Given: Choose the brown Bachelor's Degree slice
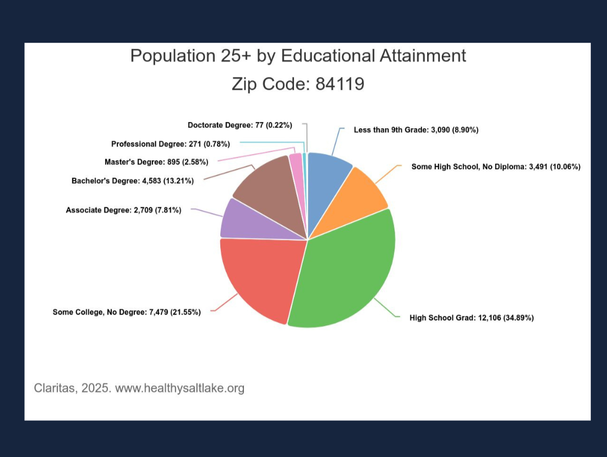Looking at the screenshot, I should pos(267,188).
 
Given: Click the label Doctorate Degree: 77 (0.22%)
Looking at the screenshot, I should pos(239,124).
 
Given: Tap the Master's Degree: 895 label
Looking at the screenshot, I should pos(156,162).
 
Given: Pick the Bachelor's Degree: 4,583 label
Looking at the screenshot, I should pos(133,181).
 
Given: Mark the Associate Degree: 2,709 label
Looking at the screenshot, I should pos(124,210).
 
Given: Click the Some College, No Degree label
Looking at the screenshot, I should pos(126,312).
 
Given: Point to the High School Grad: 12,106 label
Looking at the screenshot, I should pos(472,318).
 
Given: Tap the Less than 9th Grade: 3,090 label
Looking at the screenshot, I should pos(416,130).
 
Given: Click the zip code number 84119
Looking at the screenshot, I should pos(339,84).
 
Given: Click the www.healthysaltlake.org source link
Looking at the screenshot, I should pos(180,388).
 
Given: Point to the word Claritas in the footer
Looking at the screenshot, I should pos(53,388).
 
